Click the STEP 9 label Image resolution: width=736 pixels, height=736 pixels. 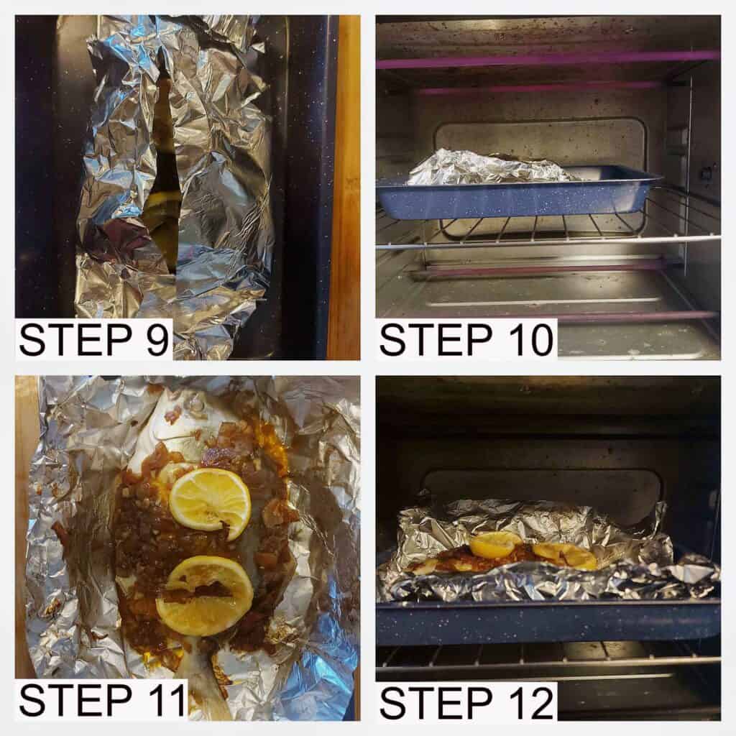tap(93, 339)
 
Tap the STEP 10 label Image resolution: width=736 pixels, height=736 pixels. tap(466, 339)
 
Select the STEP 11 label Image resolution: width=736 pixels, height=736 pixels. tap(103, 700)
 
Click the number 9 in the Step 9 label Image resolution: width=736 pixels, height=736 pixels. tap(155, 340)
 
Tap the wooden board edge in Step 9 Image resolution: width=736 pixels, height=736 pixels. tap(347, 188)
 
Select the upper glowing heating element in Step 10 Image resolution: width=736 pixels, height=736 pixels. tap(547, 60)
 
